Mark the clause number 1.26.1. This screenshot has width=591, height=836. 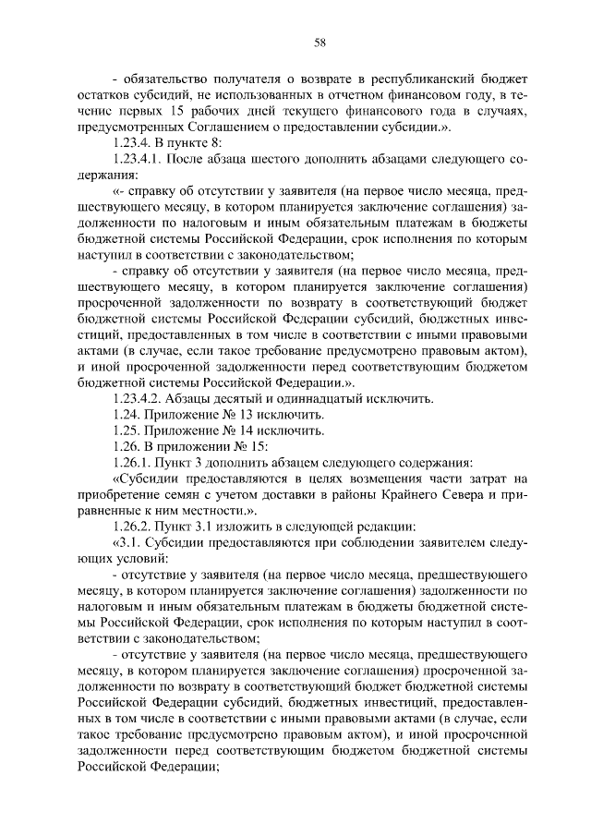point(131,463)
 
